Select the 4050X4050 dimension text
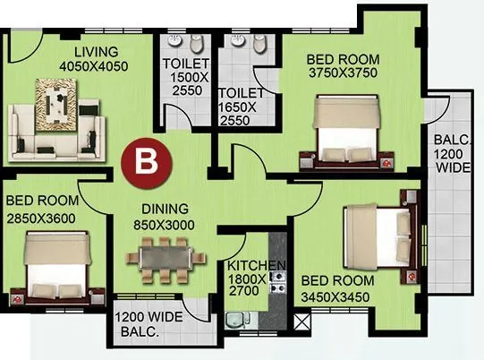(94, 66)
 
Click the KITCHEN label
(256, 266)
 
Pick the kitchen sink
(237, 321)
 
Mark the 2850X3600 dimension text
(42, 218)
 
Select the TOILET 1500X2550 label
(186, 78)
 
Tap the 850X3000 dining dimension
(163, 227)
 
